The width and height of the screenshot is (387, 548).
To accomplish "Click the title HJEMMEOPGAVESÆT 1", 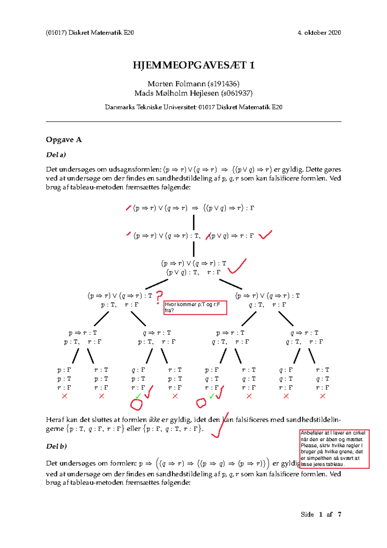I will click(x=193, y=65).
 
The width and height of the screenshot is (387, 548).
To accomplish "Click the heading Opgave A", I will click(x=64, y=140).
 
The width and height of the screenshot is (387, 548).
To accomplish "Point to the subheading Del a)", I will click(x=56, y=155).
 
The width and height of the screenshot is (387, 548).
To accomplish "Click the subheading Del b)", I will click(x=56, y=446).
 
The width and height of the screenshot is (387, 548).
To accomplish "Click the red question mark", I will click(x=159, y=297).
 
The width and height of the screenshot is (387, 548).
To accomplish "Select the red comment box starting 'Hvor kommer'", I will click(x=195, y=308).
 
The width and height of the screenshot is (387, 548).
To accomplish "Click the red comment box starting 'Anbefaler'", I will click(x=334, y=449).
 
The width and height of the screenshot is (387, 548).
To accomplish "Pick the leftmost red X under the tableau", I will click(x=64, y=396).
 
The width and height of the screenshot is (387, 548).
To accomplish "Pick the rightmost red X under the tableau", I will click(x=322, y=396).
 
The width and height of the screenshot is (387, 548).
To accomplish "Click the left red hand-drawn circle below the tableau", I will click(x=136, y=404).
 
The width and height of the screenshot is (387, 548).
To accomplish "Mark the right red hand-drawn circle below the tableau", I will click(x=201, y=403).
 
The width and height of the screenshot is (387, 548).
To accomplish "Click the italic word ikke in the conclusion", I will click(x=154, y=420).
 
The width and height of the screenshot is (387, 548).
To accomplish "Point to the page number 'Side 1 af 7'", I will click(x=321, y=514).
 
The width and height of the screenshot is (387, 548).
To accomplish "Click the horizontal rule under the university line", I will click(x=193, y=122).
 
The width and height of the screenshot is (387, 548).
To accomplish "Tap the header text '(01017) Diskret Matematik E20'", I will click(x=90, y=33).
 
